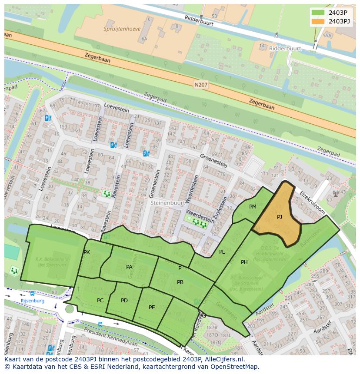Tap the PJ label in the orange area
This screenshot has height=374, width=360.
(279, 216)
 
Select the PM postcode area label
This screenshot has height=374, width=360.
(253, 207)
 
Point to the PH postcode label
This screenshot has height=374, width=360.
(244, 262)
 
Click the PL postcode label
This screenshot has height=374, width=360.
(222, 252)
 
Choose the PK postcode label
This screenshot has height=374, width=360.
(87, 252)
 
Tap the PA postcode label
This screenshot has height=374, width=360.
(129, 267)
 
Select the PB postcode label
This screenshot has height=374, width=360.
(180, 282)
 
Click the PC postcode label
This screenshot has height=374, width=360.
(100, 301)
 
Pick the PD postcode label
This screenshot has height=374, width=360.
(124, 301)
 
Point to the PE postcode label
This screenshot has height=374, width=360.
(152, 308)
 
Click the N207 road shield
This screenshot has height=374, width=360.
(201, 85)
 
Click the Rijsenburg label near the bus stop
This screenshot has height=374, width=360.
(33, 301)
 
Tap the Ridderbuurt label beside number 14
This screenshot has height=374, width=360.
(285, 49)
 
